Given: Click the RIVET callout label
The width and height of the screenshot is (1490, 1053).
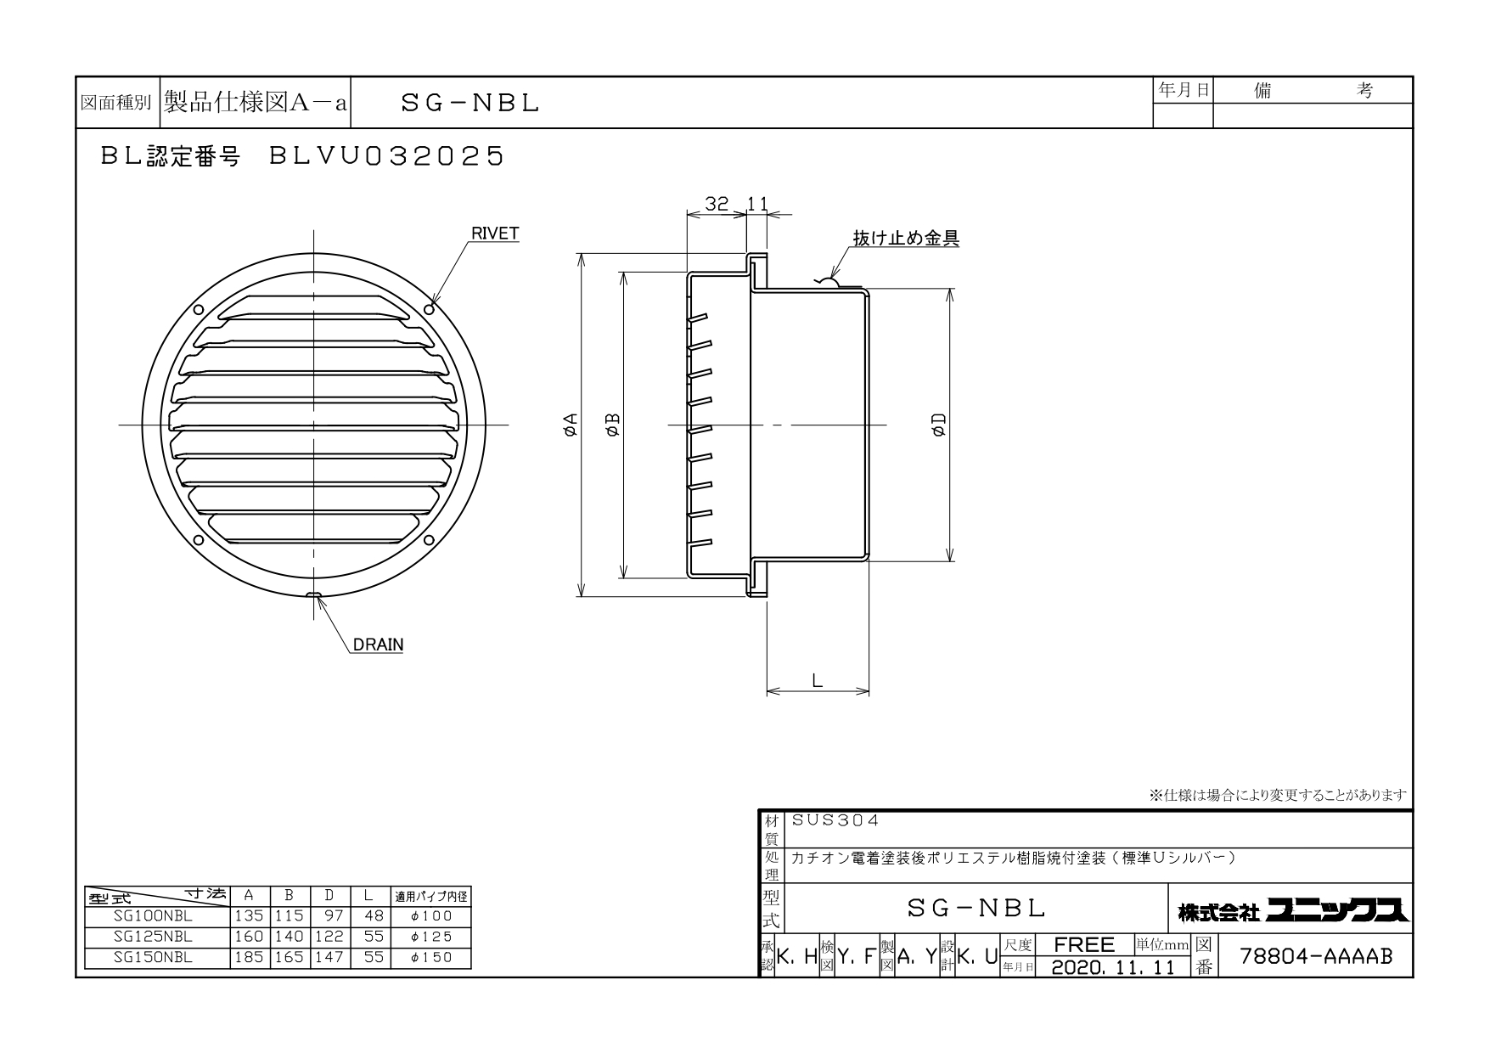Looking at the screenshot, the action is [x=495, y=234].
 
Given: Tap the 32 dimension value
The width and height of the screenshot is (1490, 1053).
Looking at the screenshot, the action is [x=717, y=204].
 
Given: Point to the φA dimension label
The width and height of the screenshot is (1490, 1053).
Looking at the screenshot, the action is [x=571, y=425].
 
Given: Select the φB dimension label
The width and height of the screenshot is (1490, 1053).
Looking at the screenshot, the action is [x=613, y=425].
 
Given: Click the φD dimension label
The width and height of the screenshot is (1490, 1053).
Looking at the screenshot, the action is [x=939, y=425].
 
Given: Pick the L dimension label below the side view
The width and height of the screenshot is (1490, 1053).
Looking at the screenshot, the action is [x=817, y=680].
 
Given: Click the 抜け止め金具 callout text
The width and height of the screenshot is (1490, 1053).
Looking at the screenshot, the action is [x=906, y=239].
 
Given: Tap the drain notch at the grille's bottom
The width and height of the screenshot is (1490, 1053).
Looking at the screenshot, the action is [x=314, y=594].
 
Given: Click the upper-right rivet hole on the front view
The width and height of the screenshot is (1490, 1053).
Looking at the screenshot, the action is [x=430, y=309].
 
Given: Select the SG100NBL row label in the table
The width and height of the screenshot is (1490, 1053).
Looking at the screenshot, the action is [x=153, y=916].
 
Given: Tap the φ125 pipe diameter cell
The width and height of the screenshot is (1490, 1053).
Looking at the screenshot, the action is [x=431, y=937].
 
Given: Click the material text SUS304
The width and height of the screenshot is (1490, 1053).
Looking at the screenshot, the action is [x=835, y=821].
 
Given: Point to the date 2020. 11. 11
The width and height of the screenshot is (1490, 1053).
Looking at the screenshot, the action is [x=1113, y=966].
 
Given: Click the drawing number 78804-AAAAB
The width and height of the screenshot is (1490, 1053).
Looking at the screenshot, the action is [x=1317, y=956].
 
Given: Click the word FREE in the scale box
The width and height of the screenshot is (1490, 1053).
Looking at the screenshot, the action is [x=1084, y=944].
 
